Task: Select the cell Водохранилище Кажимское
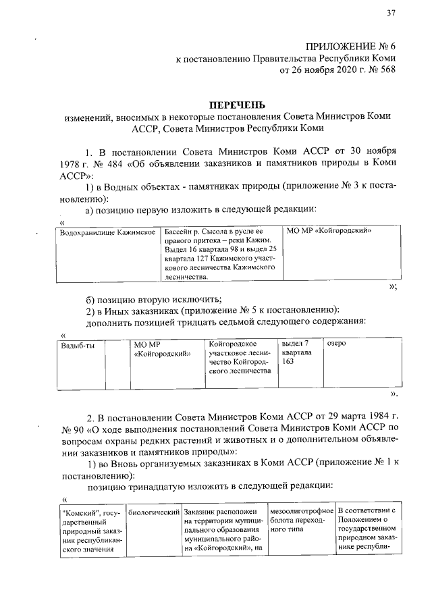pos(108,231)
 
